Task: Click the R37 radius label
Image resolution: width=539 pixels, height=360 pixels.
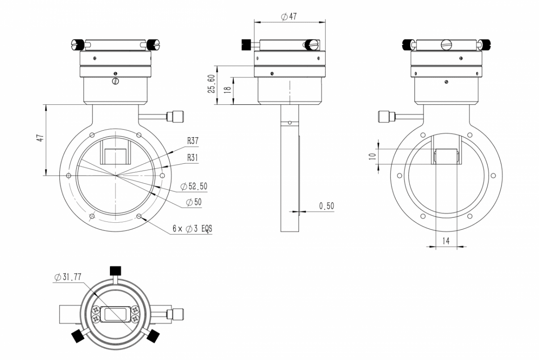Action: (193, 140)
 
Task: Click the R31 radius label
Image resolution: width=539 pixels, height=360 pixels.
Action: (193, 157)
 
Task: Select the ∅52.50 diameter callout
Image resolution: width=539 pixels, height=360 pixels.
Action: (194, 186)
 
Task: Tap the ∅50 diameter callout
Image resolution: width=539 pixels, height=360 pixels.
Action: (194, 202)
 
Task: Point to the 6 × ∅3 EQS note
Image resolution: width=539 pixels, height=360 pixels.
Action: (192, 229)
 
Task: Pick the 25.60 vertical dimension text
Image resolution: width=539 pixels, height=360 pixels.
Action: (212, 84)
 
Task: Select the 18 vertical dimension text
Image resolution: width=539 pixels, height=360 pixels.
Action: (227, 90)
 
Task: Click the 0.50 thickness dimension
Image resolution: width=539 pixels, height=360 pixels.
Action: (326, 206)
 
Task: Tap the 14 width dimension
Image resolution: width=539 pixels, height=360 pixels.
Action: (445, 241)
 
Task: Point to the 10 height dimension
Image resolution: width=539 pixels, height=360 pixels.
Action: (372, 156)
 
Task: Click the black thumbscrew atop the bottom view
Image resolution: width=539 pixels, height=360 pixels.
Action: (116, 270)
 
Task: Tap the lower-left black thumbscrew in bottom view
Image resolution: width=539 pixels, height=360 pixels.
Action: (78, 336)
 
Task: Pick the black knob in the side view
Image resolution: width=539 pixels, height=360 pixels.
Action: (246, 44)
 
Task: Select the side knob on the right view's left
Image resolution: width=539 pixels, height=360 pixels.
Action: (386, 117)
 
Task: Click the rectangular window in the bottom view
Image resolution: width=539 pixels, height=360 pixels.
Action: (115, 314)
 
